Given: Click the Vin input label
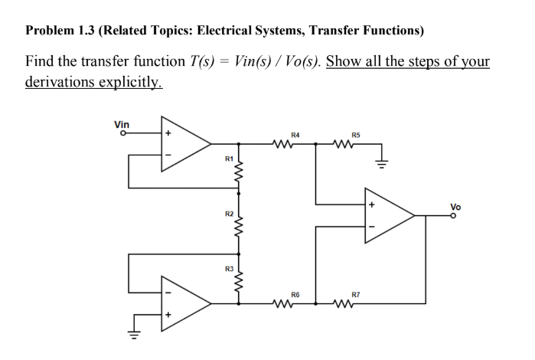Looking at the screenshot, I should pos(121,124).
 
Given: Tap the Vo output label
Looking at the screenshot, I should pos(456,206).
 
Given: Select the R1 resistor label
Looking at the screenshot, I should pos(227,159).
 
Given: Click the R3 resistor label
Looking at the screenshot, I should pos(227,268).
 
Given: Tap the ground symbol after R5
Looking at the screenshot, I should pos(378,162).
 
